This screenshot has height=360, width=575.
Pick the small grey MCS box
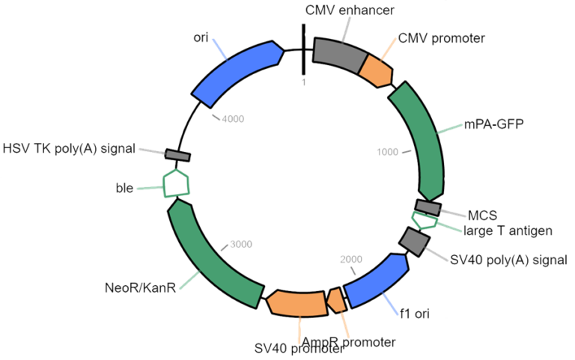pos(428,207)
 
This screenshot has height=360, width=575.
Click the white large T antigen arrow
pos(424,220)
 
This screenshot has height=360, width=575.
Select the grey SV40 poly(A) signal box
pos(413,240)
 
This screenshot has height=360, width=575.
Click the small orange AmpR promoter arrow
pos(338,299)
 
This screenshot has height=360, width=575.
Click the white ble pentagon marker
pos(176,183)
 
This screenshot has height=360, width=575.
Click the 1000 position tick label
pos(387,152)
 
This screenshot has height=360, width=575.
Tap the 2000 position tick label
pos(350,259)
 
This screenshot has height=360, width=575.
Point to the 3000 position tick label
pos(241,243)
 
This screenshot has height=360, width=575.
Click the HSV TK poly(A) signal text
pos(69,148)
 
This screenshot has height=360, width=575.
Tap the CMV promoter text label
pos(441,37)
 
